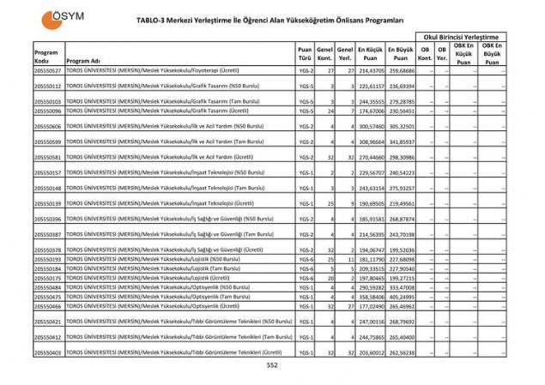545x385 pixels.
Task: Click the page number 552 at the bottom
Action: point(272,366)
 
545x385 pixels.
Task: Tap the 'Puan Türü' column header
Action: point(305,55)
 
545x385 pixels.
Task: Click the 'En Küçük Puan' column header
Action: point(370,55)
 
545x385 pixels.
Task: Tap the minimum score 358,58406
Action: point(370,296)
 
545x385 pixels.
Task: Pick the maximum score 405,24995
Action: point(401,296)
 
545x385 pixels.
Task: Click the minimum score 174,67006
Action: point(370,111)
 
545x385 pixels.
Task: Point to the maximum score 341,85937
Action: point(401,141)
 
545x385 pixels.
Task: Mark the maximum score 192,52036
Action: point(401,250)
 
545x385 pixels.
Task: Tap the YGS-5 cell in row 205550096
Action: point(305,111)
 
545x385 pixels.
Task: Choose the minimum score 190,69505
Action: point(370,203)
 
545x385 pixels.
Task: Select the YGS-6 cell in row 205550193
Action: point(305,259)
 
